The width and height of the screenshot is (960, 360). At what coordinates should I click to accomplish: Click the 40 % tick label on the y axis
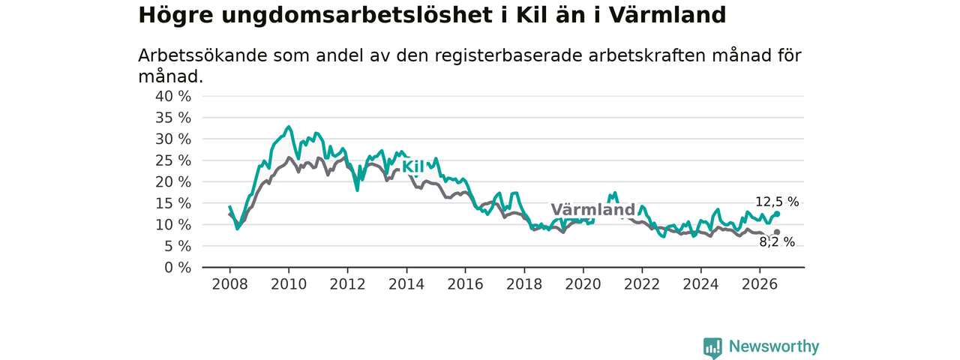173,97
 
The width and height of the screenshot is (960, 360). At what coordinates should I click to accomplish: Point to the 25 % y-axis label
173,160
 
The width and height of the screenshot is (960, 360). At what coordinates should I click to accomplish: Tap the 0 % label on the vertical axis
178,268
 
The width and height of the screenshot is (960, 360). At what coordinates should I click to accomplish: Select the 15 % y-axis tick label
173,203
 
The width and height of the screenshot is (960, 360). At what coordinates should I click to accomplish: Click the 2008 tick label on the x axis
229,284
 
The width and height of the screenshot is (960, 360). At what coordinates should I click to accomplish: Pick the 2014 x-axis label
406,284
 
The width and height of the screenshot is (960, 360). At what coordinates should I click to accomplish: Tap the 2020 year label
583,284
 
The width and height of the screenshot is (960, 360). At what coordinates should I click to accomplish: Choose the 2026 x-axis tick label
760,284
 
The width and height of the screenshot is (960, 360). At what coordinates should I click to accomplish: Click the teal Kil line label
412,166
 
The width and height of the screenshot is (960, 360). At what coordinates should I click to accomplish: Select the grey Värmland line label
592,209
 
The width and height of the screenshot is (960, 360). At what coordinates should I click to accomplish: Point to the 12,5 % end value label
777,202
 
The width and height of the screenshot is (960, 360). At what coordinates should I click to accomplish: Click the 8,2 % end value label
777,242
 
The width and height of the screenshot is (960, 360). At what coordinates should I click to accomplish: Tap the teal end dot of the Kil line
777,214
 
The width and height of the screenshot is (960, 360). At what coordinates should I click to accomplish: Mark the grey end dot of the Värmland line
776,232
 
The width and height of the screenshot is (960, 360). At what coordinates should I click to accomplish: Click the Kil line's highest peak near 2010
289,127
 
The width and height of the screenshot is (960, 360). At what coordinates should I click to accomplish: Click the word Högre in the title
175,16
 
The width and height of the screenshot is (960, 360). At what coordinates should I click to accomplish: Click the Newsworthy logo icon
712,347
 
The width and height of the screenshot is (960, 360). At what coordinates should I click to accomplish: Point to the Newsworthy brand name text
774,346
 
